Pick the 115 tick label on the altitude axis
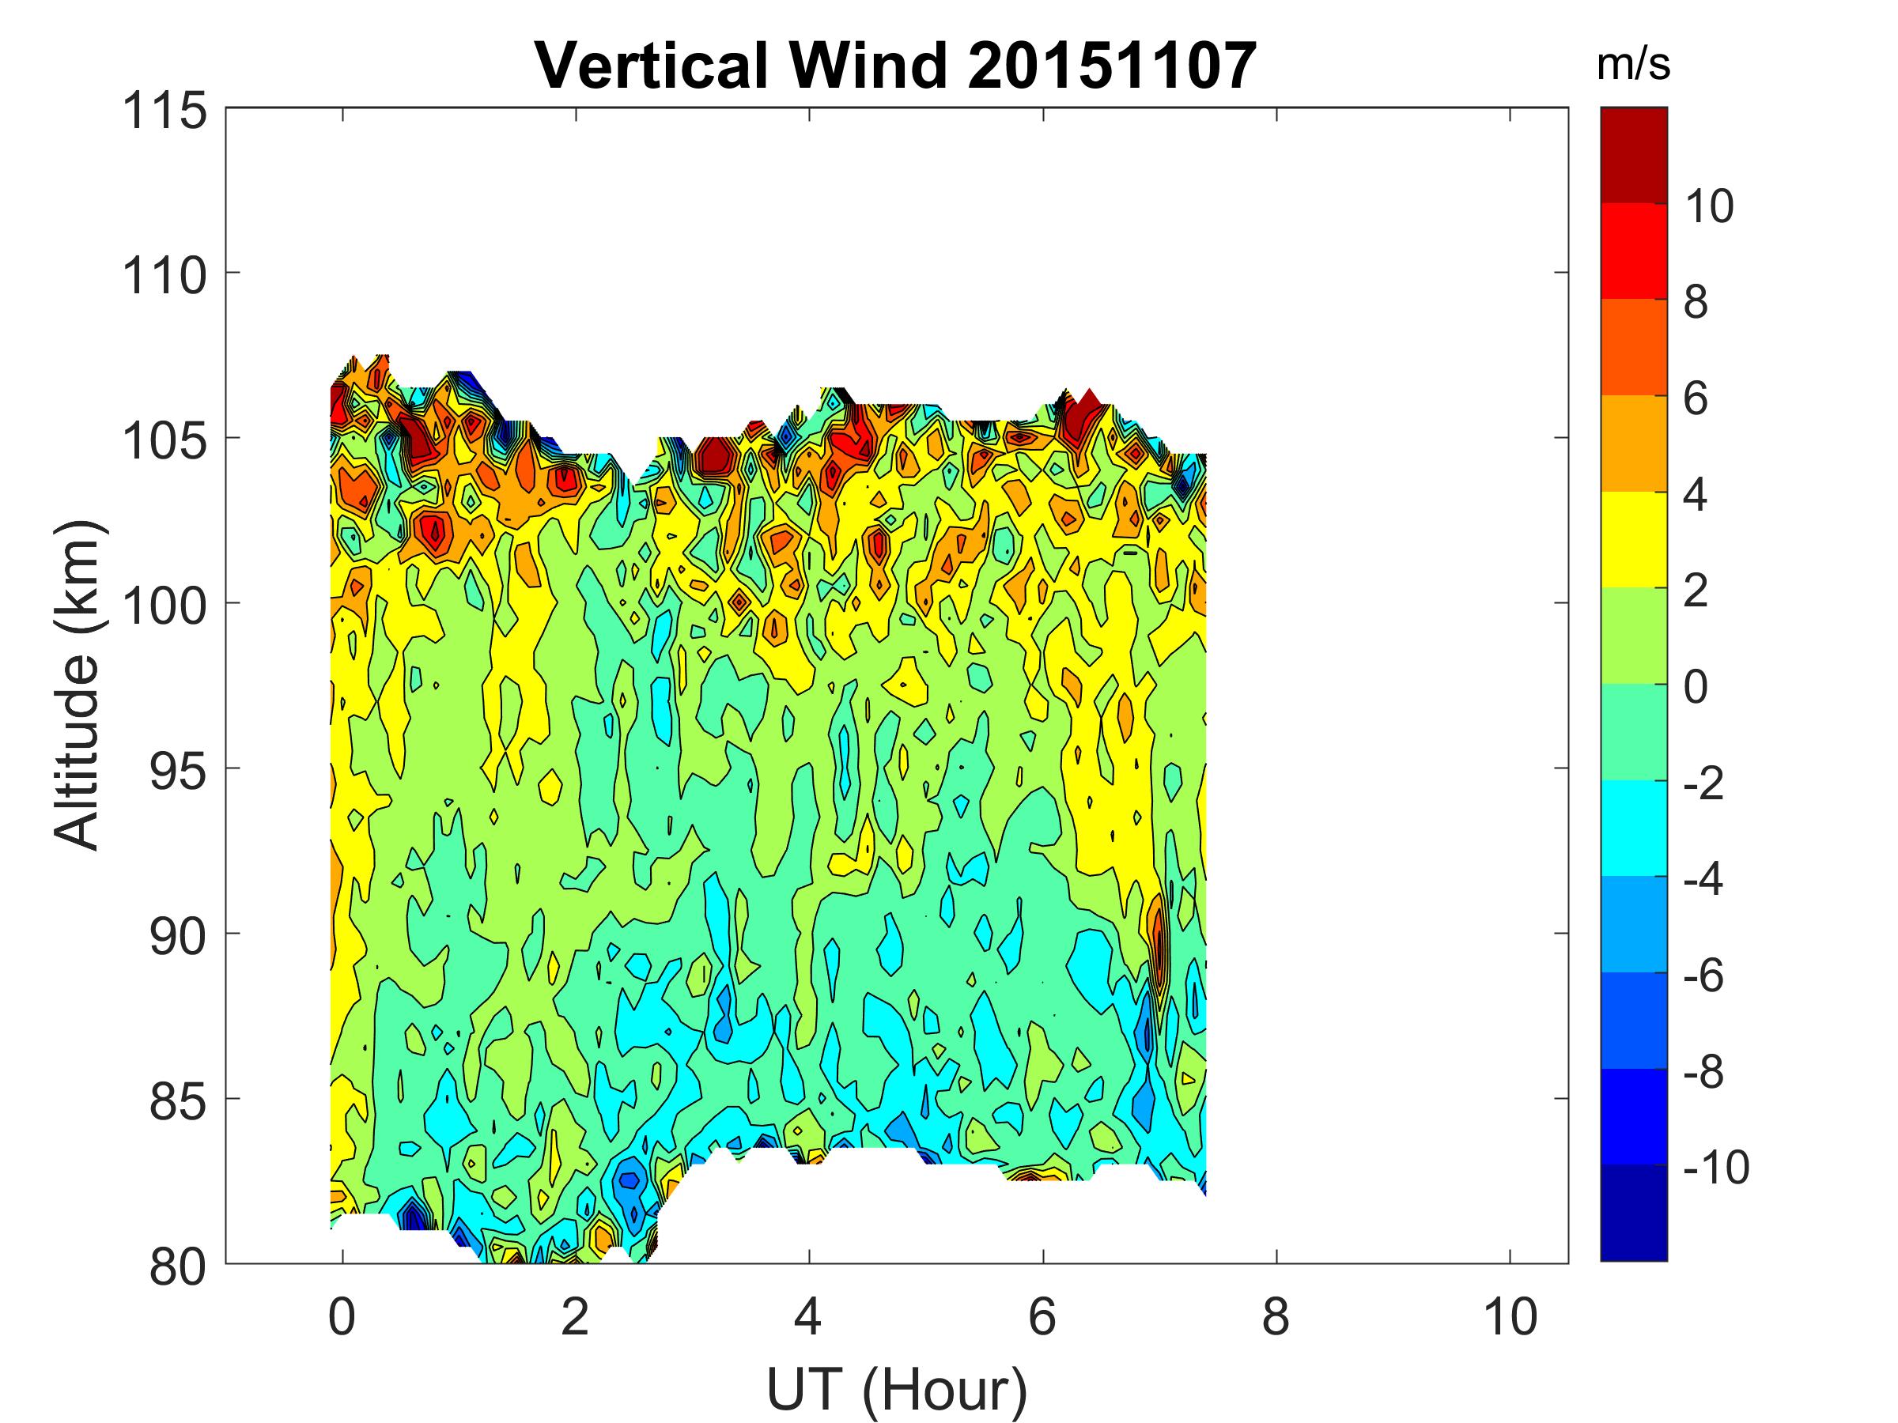(164, 111)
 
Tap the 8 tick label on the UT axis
(1276, 1316)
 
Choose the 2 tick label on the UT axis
(575, 1316)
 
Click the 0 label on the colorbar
(1696, 687)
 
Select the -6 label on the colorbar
(1704, 976)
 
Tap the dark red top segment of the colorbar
(1633, 154)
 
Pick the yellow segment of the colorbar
(1633, 539)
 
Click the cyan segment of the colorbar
(1633, 828)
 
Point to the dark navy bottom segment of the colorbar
(1633, 1212)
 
